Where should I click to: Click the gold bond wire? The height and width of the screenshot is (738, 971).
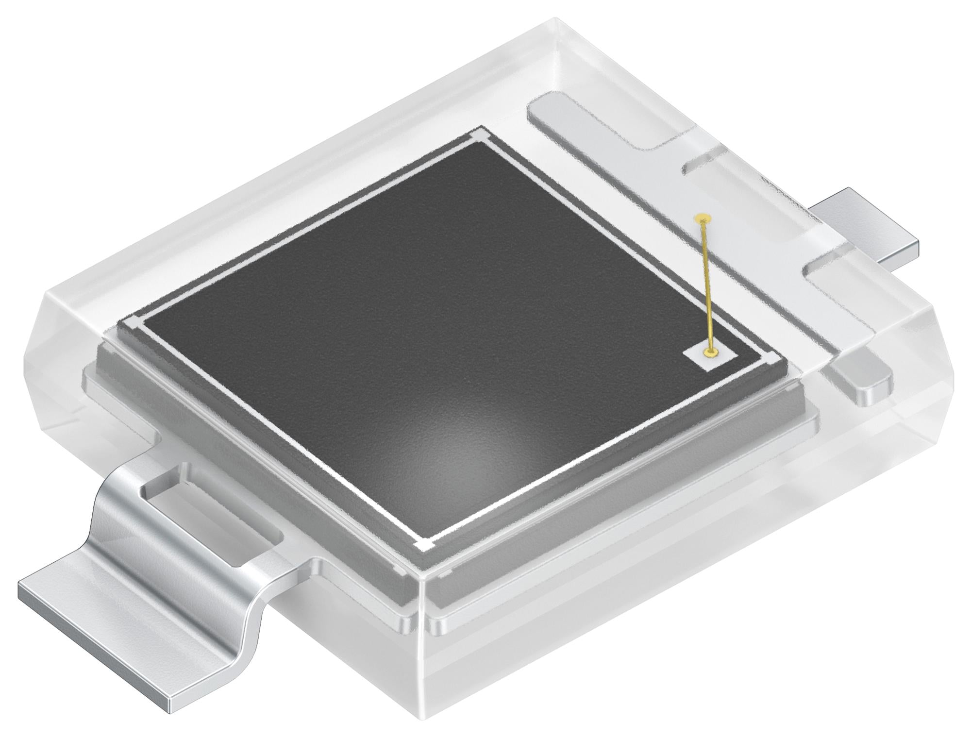point(707,286)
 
